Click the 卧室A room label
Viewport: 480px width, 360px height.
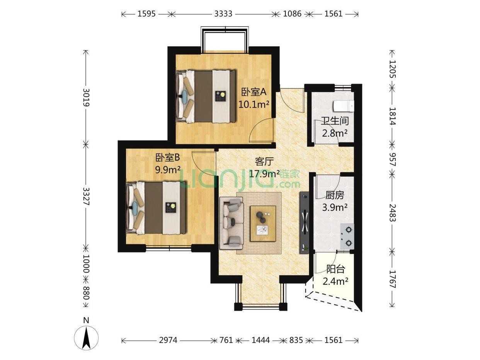(254, 92)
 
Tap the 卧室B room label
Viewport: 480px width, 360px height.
(167, 158)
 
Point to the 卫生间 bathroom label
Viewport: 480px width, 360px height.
(335, 121)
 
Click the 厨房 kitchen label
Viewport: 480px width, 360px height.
(335, 195)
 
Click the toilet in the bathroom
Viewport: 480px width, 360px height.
(343, 106)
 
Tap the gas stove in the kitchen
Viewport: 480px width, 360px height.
(347, 236)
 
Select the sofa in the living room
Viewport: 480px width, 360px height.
(231, 223)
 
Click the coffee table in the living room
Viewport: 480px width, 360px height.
(263, 223)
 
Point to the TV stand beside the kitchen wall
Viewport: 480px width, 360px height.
(304, 222)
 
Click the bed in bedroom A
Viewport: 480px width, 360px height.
(206, 96)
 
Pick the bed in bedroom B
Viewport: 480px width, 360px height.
(157, 208)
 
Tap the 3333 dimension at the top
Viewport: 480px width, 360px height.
(223, 14)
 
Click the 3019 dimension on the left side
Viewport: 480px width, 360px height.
(87, 97)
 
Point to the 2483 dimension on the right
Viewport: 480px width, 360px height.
(393, 213)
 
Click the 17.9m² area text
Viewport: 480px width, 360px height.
(264, 174)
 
